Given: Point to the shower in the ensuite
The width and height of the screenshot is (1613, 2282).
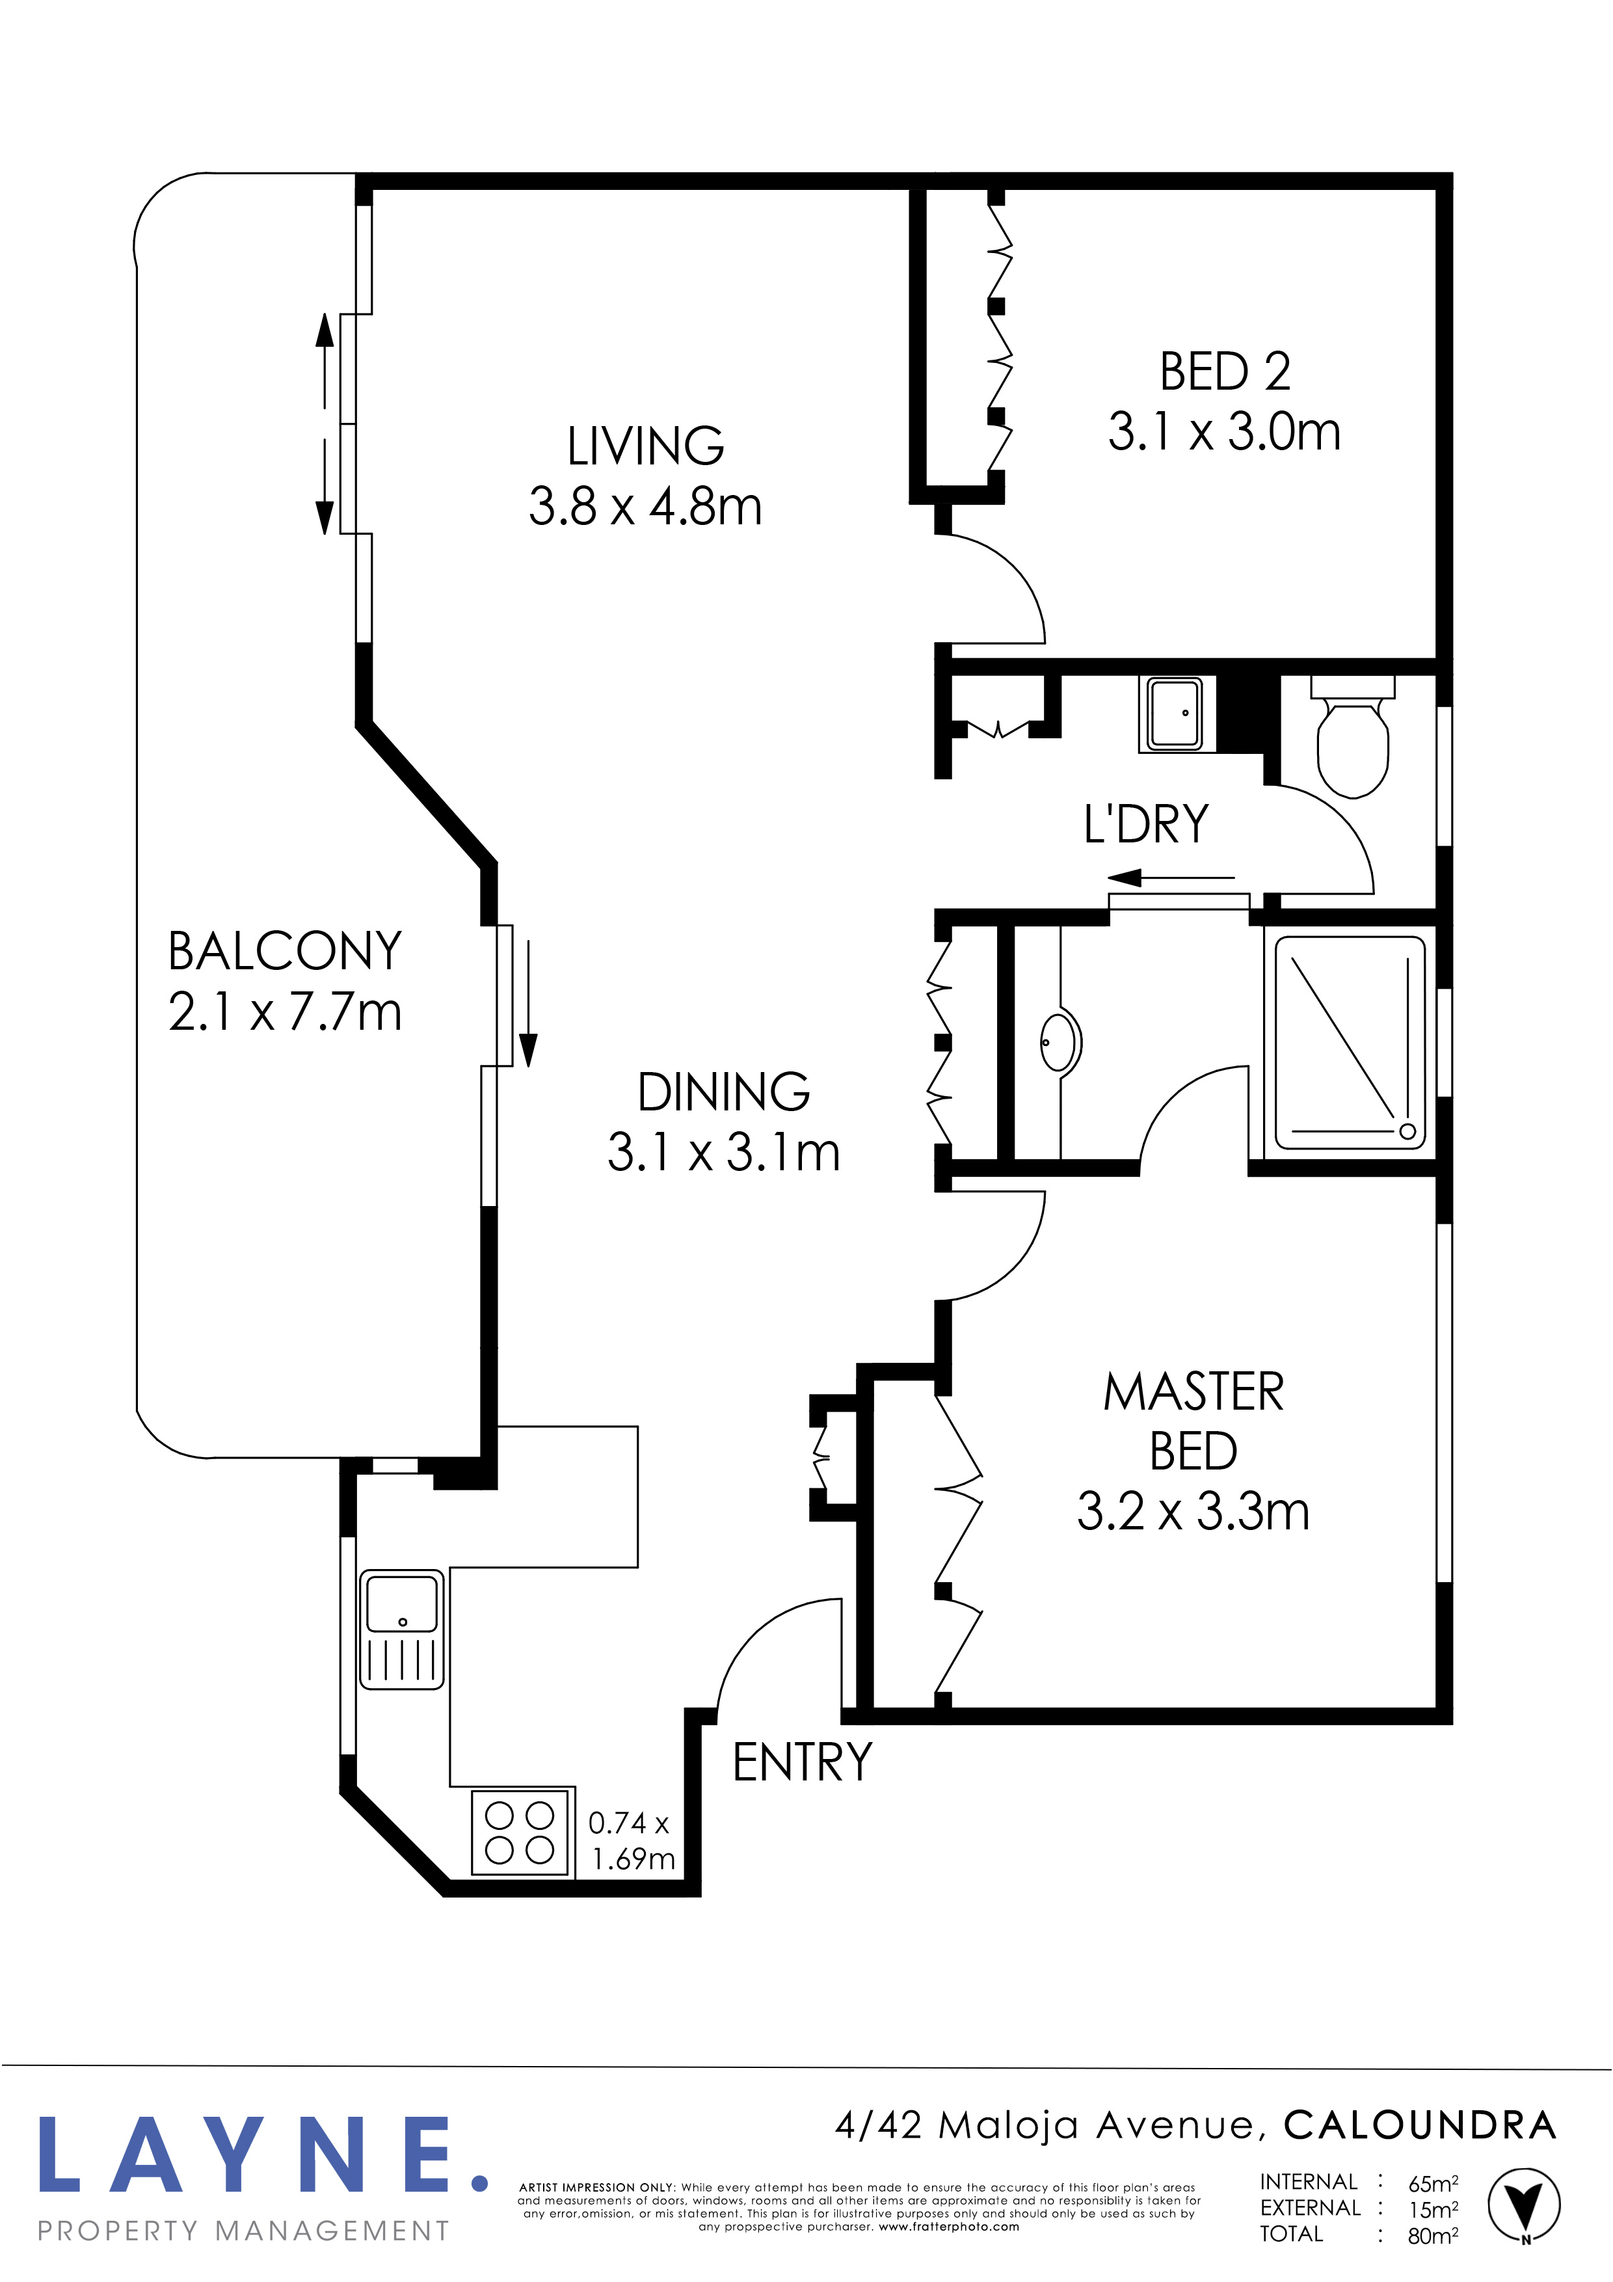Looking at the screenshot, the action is (1350, 1041).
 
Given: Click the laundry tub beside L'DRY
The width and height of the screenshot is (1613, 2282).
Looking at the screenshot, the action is (1176, 714).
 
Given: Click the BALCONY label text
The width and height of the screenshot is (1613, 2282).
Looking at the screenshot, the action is (286, 951).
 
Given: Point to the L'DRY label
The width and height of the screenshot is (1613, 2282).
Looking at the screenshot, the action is (1146, 824).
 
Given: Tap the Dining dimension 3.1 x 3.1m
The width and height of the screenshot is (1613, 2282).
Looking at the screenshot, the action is (723, 1153).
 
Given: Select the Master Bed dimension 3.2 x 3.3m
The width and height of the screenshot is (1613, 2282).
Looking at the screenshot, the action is (1193, 1512).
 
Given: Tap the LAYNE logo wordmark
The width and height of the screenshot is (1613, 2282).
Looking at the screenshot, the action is (264, 2156).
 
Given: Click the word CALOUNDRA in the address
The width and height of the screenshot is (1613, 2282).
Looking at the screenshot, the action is (1419, 2126).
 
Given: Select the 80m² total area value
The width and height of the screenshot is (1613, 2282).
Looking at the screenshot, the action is (1433, 2236).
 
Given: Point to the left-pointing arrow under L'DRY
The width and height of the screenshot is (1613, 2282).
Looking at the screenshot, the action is (1171, 878).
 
